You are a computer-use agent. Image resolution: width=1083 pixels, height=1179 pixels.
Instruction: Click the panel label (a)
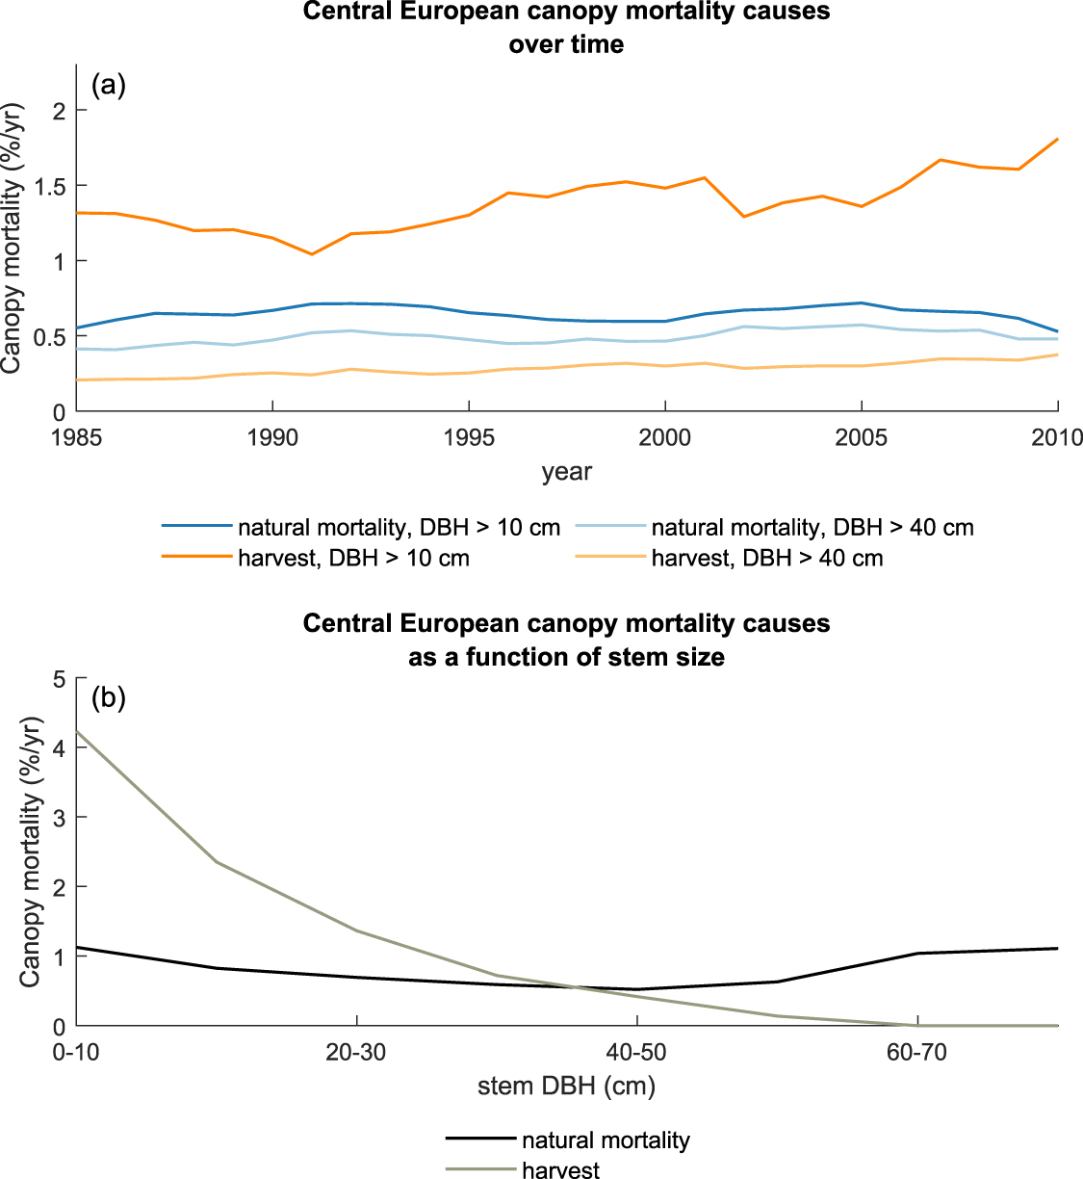pyautogui.click(x=108, y=86)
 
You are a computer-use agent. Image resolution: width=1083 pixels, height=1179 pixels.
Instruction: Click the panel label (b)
pyautogui.click(x=108, y=697)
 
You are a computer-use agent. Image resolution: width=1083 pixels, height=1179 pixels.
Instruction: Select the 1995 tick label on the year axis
pyautogui.click(x=468, y=437)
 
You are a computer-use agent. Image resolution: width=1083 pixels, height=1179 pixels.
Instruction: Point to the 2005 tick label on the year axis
pyautogui.click(x=861, y=437)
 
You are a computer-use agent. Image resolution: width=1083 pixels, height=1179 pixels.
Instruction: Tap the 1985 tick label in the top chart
pyautogui.click(x=77, y=437)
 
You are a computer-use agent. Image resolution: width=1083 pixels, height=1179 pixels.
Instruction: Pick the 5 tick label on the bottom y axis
pyautogui.click(x=59, y=679)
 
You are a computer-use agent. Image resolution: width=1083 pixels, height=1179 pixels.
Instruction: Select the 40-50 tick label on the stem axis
pyautogui.click(x=636, y=1052)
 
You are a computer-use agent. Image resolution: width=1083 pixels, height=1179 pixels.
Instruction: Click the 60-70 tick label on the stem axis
pyautogui.click(x=916, y=1052)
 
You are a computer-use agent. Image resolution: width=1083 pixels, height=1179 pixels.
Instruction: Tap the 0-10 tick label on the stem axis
pyautogui.click(x=77, y=1052)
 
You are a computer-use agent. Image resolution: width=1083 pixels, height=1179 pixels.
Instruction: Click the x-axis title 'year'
pyautogui.click(x=566, y=472)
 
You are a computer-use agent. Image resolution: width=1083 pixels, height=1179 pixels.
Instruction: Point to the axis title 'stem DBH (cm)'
pyautogui.click(x=566, y=1087)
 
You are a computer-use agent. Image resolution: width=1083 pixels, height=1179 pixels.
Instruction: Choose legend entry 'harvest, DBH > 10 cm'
pyautogui.click(x=353, y=559)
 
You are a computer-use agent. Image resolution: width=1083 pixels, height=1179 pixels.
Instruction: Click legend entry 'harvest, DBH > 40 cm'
pyautogui.click(x=766, y=559)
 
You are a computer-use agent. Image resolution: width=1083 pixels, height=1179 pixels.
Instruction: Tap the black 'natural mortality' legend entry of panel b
pyautogui.click(x=605, y=1140)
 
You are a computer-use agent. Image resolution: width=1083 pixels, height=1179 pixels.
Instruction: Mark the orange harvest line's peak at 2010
pyautogui.click(x=1057, y=140)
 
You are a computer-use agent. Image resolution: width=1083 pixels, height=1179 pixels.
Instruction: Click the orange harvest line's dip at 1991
pyautogui.click(x=311, y=254)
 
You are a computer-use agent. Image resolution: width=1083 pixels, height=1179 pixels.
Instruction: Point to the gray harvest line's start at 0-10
pyautogui.click(x=78, y=731)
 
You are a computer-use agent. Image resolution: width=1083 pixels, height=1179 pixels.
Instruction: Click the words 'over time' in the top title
pyautogui.click(x=566, y=44)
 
